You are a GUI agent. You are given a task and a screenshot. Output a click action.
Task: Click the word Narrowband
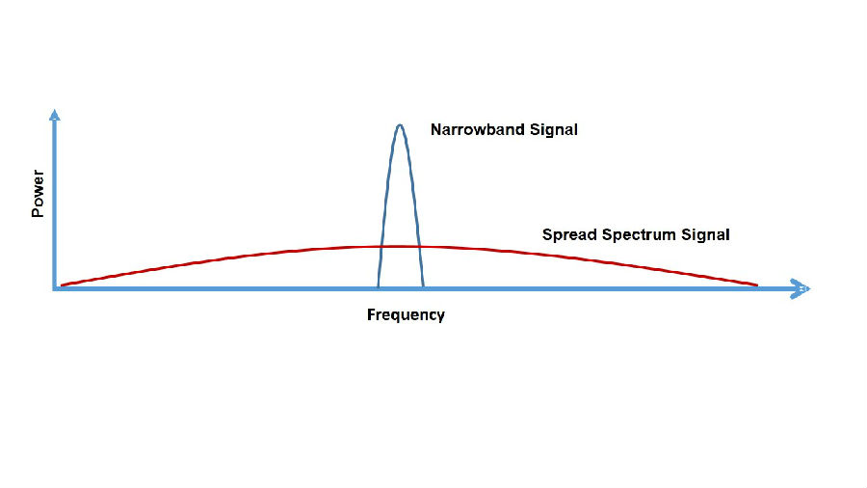coord(478,129)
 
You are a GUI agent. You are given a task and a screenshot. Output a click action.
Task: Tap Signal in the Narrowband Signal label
coord(554,130)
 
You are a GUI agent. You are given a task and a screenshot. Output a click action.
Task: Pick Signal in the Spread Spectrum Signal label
coord(705,235)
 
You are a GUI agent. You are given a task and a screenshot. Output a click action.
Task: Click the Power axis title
coord(38,194)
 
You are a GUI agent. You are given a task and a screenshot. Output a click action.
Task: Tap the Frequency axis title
coord(406,314)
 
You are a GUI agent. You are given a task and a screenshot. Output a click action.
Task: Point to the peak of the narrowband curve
coord(400,125)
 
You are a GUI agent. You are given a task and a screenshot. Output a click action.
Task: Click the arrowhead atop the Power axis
coord(54,115)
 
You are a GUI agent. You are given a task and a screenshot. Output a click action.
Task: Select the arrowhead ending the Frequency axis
coord(801,288)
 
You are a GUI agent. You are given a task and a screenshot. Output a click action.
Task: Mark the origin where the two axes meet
coord(55,288)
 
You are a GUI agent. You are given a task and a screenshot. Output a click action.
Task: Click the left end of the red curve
coord(61,285)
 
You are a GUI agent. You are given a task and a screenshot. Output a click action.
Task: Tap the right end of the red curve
coord(757,285)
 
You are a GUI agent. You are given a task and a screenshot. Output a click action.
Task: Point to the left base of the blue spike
coord(378,286)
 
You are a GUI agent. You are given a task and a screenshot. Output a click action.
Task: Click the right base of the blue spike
coord(424,286)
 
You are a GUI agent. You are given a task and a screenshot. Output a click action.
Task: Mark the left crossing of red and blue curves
coord(381,246)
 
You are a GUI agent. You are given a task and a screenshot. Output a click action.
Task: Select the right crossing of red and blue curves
coord(420,246)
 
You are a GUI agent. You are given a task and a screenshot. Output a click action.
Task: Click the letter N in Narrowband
coord(435,129)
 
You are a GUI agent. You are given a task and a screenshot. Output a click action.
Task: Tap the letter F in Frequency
coord(371,314)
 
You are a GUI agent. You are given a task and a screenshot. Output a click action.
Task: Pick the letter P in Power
coord(38,212)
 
